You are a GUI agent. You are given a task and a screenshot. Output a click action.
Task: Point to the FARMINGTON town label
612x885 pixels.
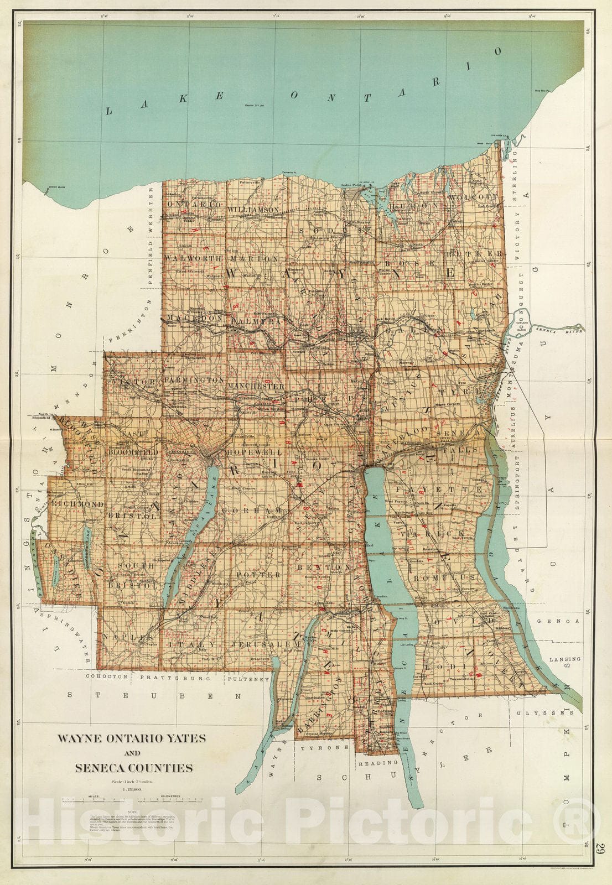point(194,381)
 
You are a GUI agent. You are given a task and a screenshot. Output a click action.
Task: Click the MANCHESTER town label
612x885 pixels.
point(256,386)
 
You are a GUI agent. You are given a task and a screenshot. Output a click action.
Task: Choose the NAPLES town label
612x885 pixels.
point(121,637)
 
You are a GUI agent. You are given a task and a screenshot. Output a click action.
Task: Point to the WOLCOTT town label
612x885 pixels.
point(474,196)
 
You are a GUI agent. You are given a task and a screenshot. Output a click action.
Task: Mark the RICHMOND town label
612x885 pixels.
point(78,504)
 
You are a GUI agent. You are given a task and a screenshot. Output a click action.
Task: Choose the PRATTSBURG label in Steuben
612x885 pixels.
point(175,677)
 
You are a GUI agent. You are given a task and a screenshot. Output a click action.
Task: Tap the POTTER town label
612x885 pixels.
point(258,575)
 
